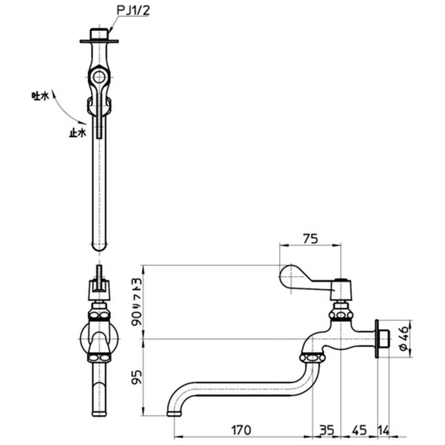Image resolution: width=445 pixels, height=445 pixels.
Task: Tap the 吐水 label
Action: coord(39,96)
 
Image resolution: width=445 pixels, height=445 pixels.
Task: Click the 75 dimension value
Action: coord(310,239)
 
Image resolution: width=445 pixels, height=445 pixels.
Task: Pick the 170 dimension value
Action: coord(241,430)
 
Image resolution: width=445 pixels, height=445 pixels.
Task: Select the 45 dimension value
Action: coord(360,430)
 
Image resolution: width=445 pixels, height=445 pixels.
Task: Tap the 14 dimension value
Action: coord(384,430)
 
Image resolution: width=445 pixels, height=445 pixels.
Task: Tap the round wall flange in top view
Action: coord(99,42)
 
